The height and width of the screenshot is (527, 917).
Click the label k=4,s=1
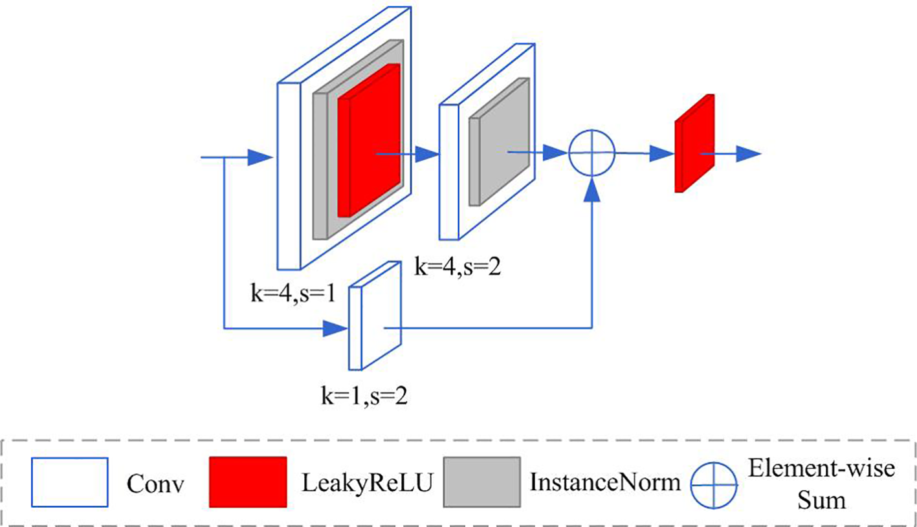293,292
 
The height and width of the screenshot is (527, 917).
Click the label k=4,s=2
458,266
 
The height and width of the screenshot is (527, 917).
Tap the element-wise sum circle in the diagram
590,153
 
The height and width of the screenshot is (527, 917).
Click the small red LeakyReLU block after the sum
694,144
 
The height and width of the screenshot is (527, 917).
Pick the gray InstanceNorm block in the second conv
498,142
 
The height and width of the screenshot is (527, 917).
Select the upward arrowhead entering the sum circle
591,188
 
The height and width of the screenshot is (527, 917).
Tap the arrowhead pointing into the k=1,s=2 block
335,328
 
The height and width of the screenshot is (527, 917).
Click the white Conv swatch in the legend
69,481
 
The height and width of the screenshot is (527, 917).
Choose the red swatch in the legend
247,481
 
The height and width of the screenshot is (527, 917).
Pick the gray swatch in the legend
481,481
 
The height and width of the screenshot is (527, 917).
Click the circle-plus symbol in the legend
713,483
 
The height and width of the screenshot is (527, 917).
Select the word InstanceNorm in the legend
604,482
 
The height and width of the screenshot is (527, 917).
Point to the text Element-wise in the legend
821,469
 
